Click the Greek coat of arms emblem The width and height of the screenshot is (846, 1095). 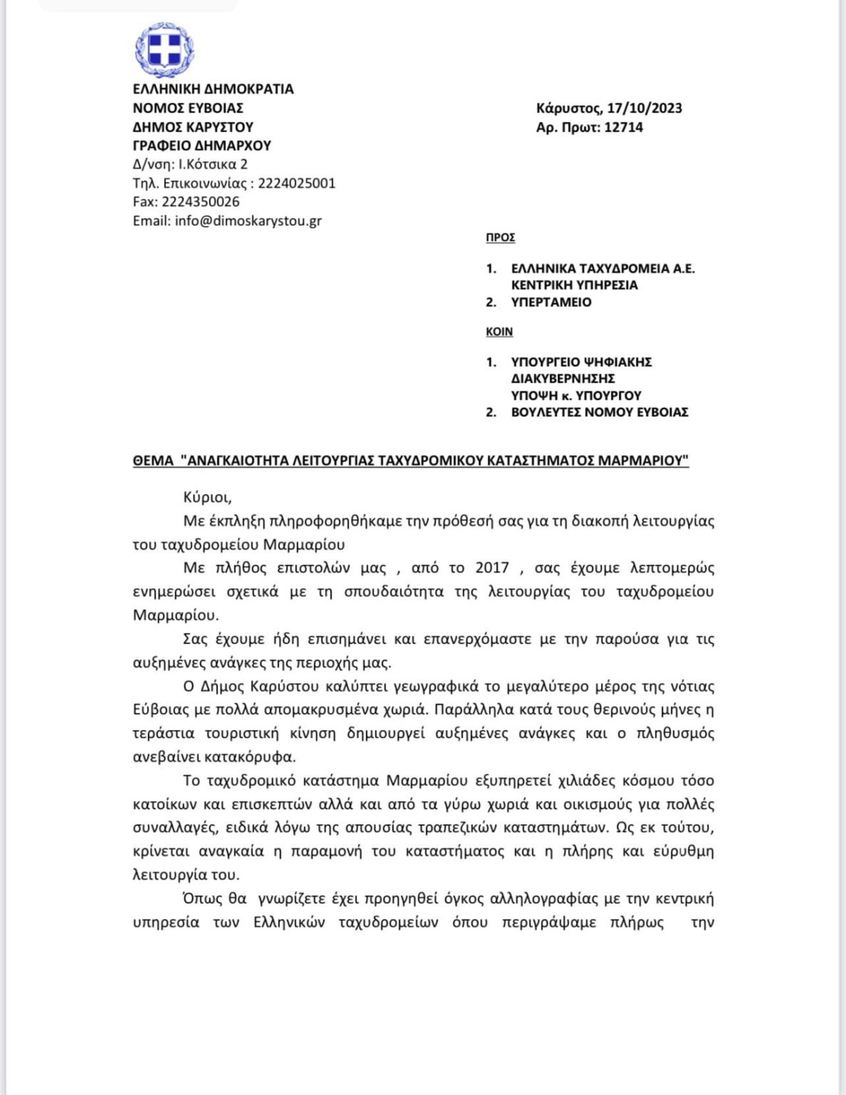tap(165, 50)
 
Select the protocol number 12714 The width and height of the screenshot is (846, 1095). tap(623, 128)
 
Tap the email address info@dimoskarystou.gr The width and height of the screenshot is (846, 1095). tap(248, 221)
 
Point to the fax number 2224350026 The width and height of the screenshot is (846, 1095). tap(200, 202)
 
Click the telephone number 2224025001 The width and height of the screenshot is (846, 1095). tap(296, 183)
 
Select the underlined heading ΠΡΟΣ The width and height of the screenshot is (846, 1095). tap(500, 237)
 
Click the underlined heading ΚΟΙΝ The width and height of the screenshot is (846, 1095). tap(499, 331)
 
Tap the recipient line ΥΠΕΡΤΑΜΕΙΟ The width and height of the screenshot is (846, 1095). tap(551, 302)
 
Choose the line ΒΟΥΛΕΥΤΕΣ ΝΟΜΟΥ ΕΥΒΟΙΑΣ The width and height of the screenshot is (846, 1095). tap(599, 412)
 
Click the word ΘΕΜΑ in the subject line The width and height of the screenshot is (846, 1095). tap(153, 461)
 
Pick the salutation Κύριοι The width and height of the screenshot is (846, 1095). tap(207, 498)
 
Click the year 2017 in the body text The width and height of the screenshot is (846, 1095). tap(492, 568)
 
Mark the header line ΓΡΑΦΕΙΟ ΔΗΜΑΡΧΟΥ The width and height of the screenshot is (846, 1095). tap(202, 145)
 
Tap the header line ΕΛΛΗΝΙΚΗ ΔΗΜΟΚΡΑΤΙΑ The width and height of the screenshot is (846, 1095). tap(213, 89)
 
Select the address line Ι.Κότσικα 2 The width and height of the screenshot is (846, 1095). tap(212, 164)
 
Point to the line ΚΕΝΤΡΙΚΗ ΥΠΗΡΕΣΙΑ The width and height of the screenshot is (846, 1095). tap(574, 285)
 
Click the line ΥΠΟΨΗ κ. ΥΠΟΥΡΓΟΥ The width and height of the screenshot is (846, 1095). tap(576, 396)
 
